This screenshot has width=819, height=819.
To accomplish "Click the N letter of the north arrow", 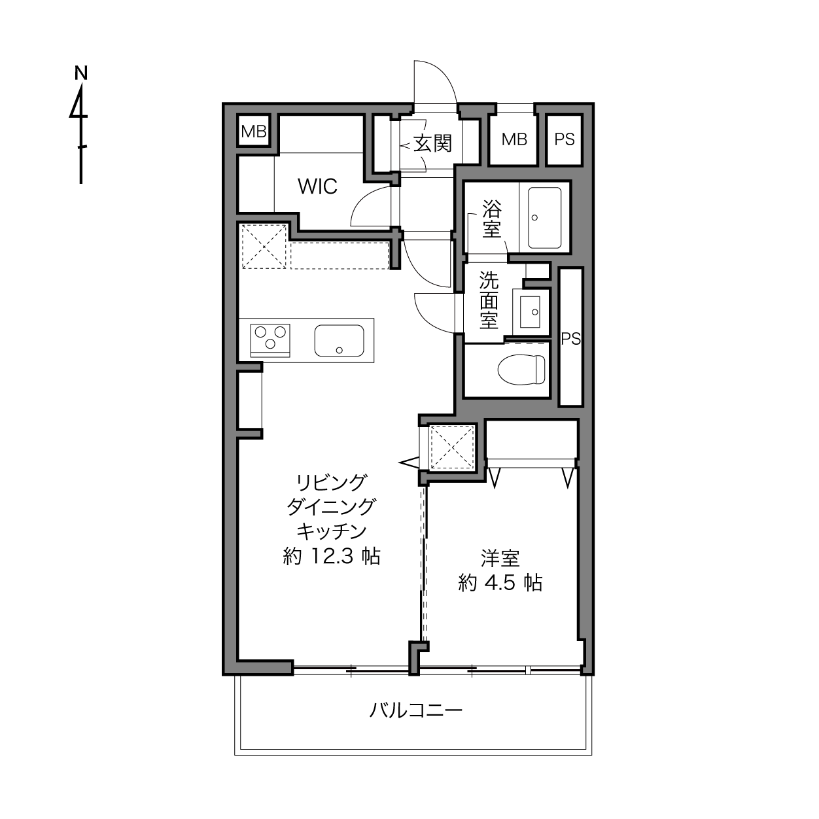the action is (80, 73).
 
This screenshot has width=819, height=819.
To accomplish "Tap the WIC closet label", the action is (317, 186).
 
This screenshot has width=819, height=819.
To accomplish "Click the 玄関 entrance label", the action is (432, 143).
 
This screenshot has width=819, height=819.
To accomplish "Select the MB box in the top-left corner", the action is (254, 131).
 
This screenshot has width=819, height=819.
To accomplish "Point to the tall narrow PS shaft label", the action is (571, 339).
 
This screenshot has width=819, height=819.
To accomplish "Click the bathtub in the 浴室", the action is (544, 218).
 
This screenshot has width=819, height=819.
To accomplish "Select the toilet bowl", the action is (521, 370).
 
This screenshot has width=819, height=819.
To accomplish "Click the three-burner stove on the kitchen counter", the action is (270, 340).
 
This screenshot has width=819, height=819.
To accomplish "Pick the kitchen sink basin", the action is (339, 340).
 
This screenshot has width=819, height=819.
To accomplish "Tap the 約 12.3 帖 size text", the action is (332, 556).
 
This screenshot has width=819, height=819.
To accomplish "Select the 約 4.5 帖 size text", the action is (500, 582).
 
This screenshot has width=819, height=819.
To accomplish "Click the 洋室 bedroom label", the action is (500, 558).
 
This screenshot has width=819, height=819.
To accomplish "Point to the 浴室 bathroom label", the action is (492, 219).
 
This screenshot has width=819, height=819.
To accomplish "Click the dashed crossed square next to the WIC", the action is (264, 247).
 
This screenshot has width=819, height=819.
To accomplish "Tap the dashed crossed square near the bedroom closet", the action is (452, 447).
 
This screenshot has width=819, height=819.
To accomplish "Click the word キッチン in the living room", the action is (332, 531).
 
